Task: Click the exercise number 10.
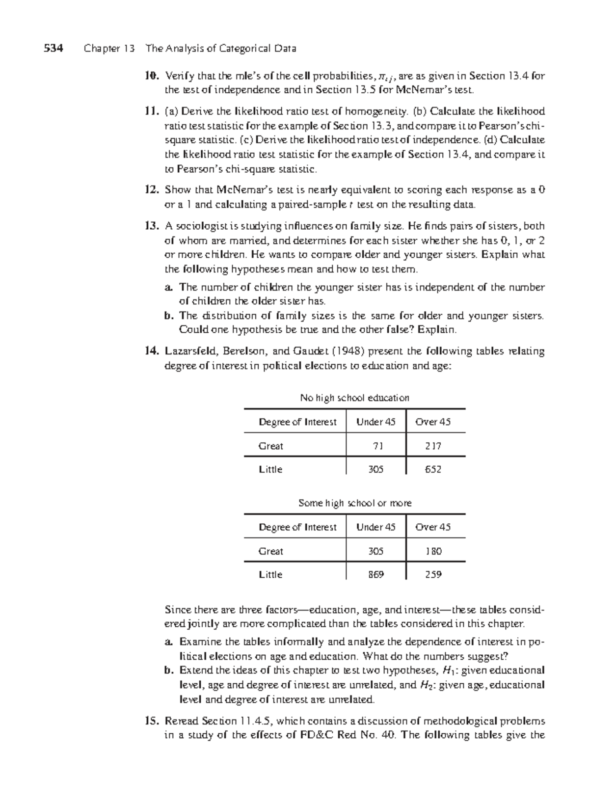(x=151, y=76)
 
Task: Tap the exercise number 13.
(x=151, y=226)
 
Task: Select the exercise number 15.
(x=151, y=721)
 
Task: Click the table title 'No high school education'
(x=354, y=398)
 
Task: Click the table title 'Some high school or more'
(x=354, y=503)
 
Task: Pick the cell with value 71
(x=376, y=446)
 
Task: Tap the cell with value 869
(x=376, y=574)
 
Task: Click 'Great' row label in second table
(x=271, y=551)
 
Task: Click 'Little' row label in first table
(x=270, y=469)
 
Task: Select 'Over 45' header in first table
(x=433, y=422)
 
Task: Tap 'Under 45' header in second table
(x=376, y=527)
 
